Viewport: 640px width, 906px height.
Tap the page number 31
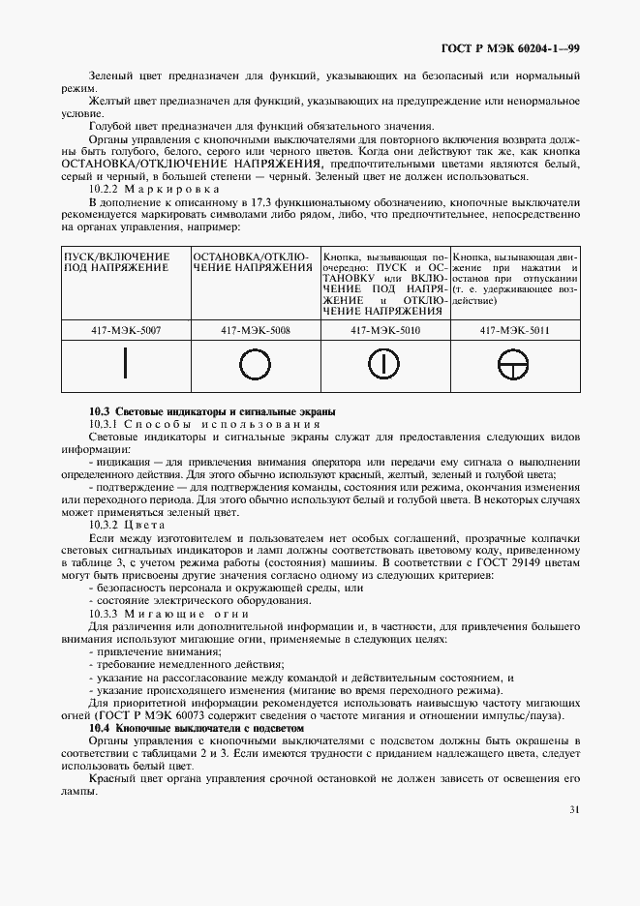(574, 810)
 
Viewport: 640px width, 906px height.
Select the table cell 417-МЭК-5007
(127, 330)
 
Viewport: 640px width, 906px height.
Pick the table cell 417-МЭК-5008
(255, 330)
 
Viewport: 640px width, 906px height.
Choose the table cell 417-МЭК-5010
(384, 330)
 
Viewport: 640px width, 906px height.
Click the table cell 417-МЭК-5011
(514, 330)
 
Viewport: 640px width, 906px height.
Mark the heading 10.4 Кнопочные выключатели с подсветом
(197, 726)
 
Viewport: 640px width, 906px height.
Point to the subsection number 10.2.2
(105, 190)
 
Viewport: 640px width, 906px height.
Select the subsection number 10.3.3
(105, 614)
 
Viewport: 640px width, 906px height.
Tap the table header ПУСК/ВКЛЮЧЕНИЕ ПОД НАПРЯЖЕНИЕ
(116, 262)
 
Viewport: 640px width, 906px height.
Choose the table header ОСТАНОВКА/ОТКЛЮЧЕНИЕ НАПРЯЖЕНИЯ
(255, 262)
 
